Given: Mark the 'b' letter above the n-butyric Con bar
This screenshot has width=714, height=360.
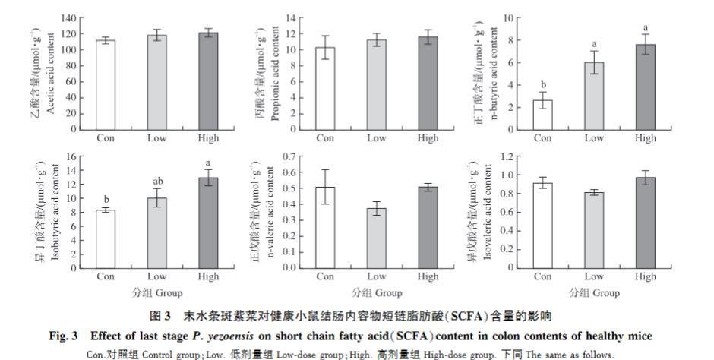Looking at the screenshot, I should [542, 84].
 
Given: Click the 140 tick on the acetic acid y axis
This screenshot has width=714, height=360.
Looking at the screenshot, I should [68, 18].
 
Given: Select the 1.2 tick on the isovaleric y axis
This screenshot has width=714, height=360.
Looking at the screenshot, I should [505, 156].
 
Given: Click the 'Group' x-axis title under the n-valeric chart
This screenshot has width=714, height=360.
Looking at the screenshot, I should [387, 292].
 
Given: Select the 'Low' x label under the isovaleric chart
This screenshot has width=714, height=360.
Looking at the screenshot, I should [594, 276].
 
